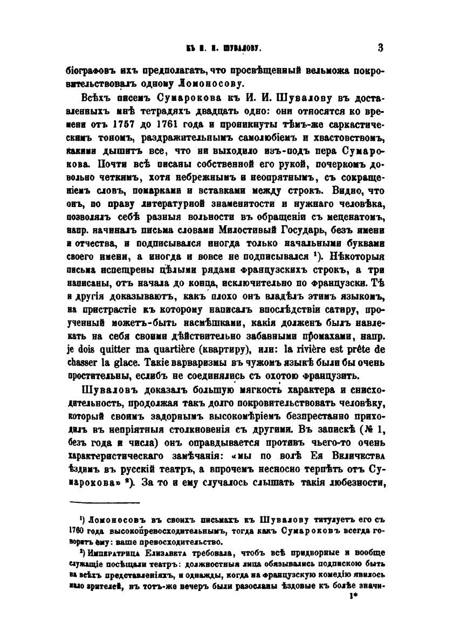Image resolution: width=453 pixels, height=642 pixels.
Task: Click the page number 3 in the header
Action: [380, 48]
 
